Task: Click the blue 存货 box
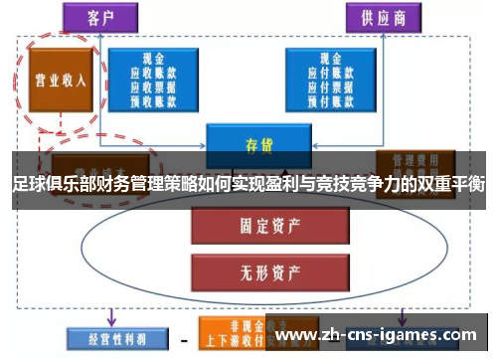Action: coord(251,145)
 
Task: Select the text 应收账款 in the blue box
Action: coord(154,73)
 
